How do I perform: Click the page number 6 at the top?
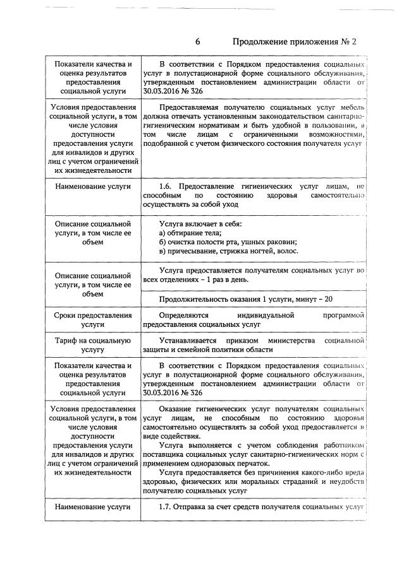(197, 43)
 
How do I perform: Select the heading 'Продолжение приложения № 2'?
(295, 43)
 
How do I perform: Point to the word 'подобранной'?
(166, 143)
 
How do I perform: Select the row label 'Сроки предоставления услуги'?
(92, 319)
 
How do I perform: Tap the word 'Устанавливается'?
(192, 341)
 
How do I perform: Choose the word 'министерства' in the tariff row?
(290, 341)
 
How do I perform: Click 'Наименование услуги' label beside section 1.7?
(92, 506)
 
